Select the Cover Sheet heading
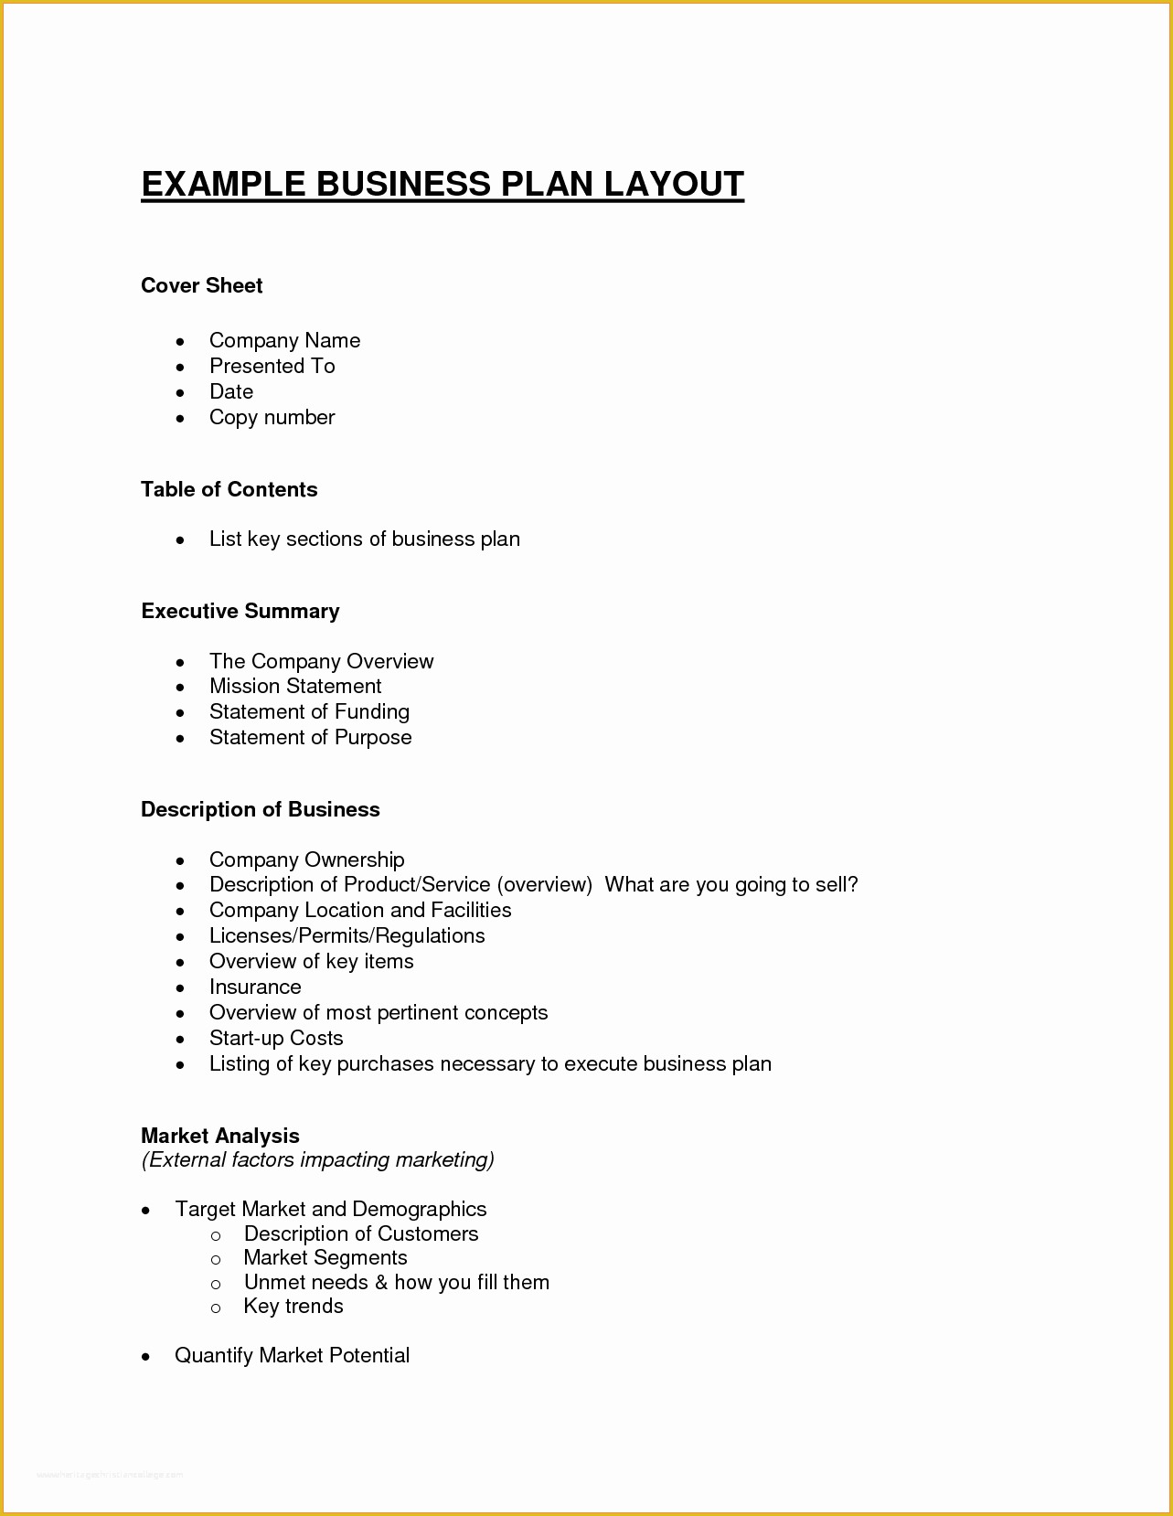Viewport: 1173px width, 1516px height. [201, 285]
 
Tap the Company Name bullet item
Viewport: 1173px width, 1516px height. [284, 340]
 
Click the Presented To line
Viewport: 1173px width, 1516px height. [272, 366]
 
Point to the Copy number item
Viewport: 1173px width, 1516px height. [272, 417]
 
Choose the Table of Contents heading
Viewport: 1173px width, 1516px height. [229, 489]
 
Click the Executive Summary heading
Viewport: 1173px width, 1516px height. [240, 611]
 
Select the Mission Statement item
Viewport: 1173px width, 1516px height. [294, 686]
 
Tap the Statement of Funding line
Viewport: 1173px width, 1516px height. [309, 711]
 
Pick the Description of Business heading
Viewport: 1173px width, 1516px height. [260, 809]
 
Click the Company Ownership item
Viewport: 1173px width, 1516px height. [306, 859]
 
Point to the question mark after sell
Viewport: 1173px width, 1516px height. [854, 884]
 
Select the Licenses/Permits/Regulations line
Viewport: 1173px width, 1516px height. [347, 935]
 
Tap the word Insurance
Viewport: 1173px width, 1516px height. [255, 987]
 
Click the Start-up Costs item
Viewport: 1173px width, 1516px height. [276, 1038]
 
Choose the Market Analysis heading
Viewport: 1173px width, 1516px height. [219, 1136]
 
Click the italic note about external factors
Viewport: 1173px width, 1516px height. [317, 1159]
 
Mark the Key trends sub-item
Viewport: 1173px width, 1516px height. [293, 1306]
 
